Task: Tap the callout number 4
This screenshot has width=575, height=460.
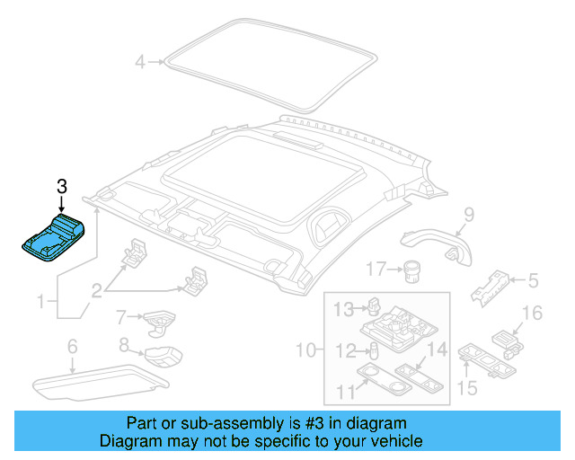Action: pos(139,62)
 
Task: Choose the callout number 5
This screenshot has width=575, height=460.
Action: pos(533,281)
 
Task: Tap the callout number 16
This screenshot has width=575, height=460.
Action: pos(533,313)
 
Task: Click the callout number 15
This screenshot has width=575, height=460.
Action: pos(466,387)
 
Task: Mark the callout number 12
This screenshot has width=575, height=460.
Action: pos(345,350)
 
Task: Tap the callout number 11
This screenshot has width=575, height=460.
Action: pos(345,389)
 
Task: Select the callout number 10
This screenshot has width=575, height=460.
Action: pos(305,349)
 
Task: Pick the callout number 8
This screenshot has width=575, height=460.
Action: pos(125,344)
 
